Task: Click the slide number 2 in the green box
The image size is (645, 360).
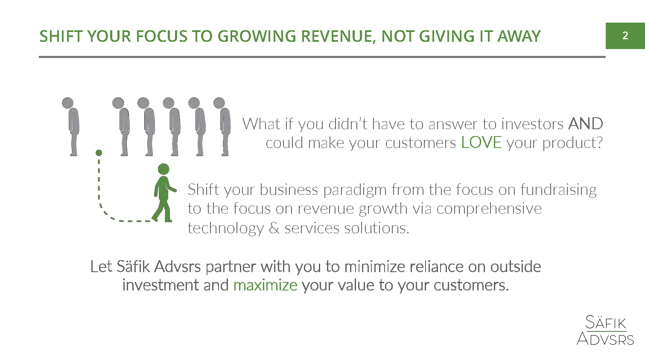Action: (625, 36)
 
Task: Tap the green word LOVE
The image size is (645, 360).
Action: (481, 142)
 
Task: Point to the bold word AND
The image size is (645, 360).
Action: (585, 124)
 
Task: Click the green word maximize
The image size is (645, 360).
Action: (265, 285)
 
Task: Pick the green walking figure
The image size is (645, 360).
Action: (164, 193)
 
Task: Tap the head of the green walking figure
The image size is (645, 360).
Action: (163, 169)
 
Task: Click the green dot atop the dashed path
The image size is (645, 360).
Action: (99, 153)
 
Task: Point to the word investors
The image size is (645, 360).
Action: (532, 124)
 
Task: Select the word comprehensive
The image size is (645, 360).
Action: (489, 209)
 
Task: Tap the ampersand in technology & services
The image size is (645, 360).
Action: (274, 228)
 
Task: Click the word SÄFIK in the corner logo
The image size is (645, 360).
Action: (606, 322)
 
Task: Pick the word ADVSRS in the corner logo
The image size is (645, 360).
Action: (605, 339)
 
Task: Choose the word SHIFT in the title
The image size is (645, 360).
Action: (61, 37)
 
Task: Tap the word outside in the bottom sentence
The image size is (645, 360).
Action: (515, 266)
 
